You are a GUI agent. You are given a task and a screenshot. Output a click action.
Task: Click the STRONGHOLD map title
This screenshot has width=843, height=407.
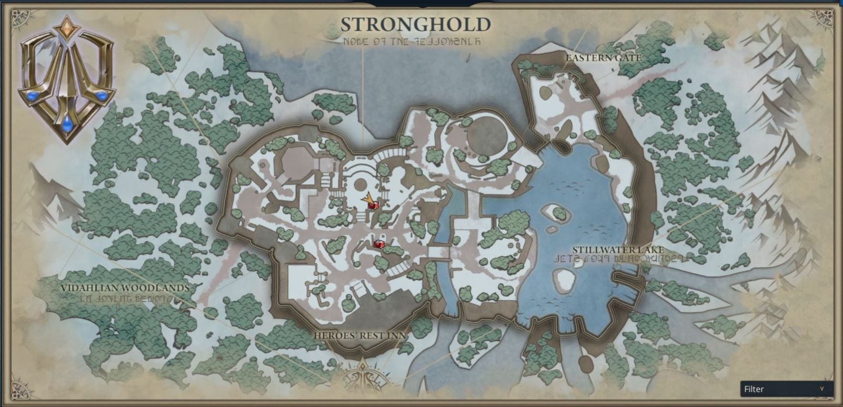(415, 24)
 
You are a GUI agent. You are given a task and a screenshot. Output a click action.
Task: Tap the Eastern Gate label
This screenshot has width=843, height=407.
(603, 57)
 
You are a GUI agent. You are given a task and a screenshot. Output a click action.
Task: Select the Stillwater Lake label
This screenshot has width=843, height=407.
(618, 250)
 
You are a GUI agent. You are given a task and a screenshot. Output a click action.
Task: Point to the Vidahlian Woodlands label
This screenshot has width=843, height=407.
(124, 288)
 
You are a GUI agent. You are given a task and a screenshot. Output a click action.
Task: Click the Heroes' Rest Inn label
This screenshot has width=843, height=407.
(360, 335)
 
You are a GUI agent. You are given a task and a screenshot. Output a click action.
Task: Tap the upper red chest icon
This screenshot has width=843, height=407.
(373, 206)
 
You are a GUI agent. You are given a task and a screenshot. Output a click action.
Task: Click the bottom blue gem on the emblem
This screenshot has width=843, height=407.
(67, 123)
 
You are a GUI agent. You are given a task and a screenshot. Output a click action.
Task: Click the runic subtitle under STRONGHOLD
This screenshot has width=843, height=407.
(415, 41)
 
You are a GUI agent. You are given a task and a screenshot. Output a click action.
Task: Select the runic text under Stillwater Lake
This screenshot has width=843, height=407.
(618, 259)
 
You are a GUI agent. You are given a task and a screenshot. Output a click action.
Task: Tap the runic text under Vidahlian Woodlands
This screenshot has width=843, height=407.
(124, 298)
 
